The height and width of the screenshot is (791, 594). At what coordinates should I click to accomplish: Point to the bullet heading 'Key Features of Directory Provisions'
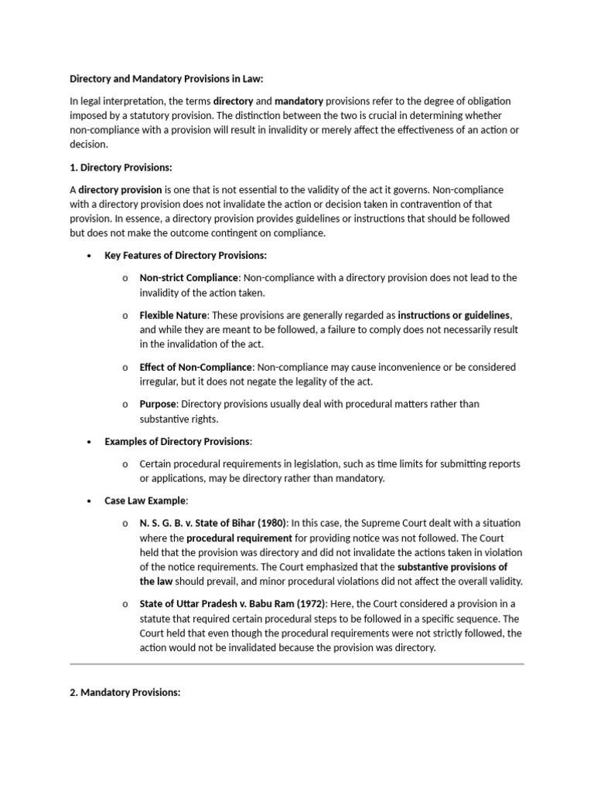186,256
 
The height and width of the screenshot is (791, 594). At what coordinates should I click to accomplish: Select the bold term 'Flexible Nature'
173,315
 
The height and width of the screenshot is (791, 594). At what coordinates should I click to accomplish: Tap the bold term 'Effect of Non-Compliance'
196,367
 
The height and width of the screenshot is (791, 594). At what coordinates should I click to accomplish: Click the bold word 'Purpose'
158,404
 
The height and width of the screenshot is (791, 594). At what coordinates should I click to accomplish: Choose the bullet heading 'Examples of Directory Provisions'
177,441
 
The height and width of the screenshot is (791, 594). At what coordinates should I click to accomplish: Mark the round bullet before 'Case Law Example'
90,501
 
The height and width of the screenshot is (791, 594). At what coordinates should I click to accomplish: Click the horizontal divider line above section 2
297,663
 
